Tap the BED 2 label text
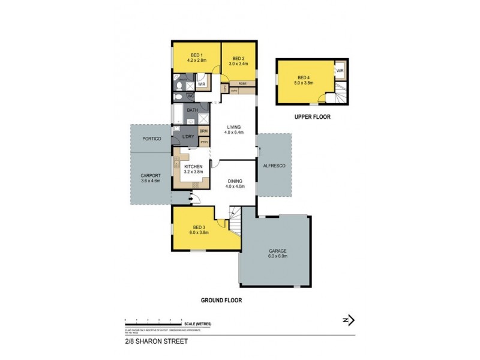click(x=239, y=58)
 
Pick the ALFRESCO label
click(x=275, y=164)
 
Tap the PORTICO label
click(x=151, y=139)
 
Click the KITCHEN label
click(x=193, y=166)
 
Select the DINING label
click(x=234, y=182)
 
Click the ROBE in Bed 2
click(x=242, y=83)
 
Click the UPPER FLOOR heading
click(x=311, y=117)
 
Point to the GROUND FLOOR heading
click(x=222, y=299)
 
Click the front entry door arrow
click(x=193, y=202)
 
